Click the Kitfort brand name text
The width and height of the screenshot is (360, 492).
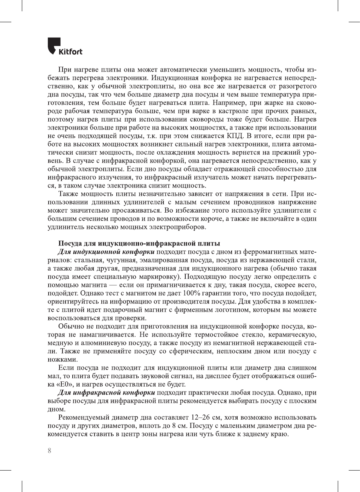70,52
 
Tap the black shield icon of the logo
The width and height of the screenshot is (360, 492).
54,45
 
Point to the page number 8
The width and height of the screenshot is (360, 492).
49,451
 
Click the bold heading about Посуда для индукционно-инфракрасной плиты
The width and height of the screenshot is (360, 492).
139,244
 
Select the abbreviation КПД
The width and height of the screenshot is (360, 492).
235,136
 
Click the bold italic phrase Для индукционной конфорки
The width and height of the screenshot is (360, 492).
106,252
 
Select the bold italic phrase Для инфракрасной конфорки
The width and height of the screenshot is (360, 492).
106,393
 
